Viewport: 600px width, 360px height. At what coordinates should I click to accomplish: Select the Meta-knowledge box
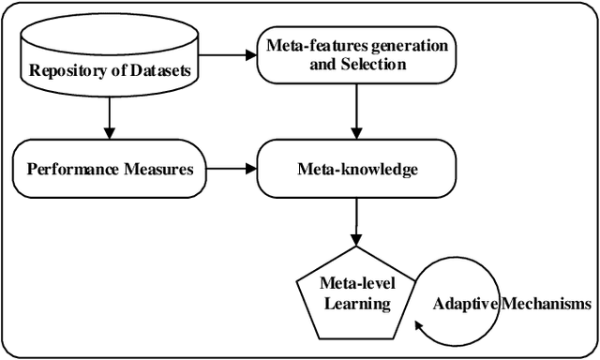tap(357, 170)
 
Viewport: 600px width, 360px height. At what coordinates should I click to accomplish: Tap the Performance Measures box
tap(110, 170)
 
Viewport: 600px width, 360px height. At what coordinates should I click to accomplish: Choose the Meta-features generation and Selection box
tap(356, 56)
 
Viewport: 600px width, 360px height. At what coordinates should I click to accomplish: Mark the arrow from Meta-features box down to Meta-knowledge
tap(357, 118)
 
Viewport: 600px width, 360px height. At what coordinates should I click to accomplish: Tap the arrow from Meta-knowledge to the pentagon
tap(357, 226)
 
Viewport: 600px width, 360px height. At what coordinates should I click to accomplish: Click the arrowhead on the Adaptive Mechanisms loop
tap(420, 328)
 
